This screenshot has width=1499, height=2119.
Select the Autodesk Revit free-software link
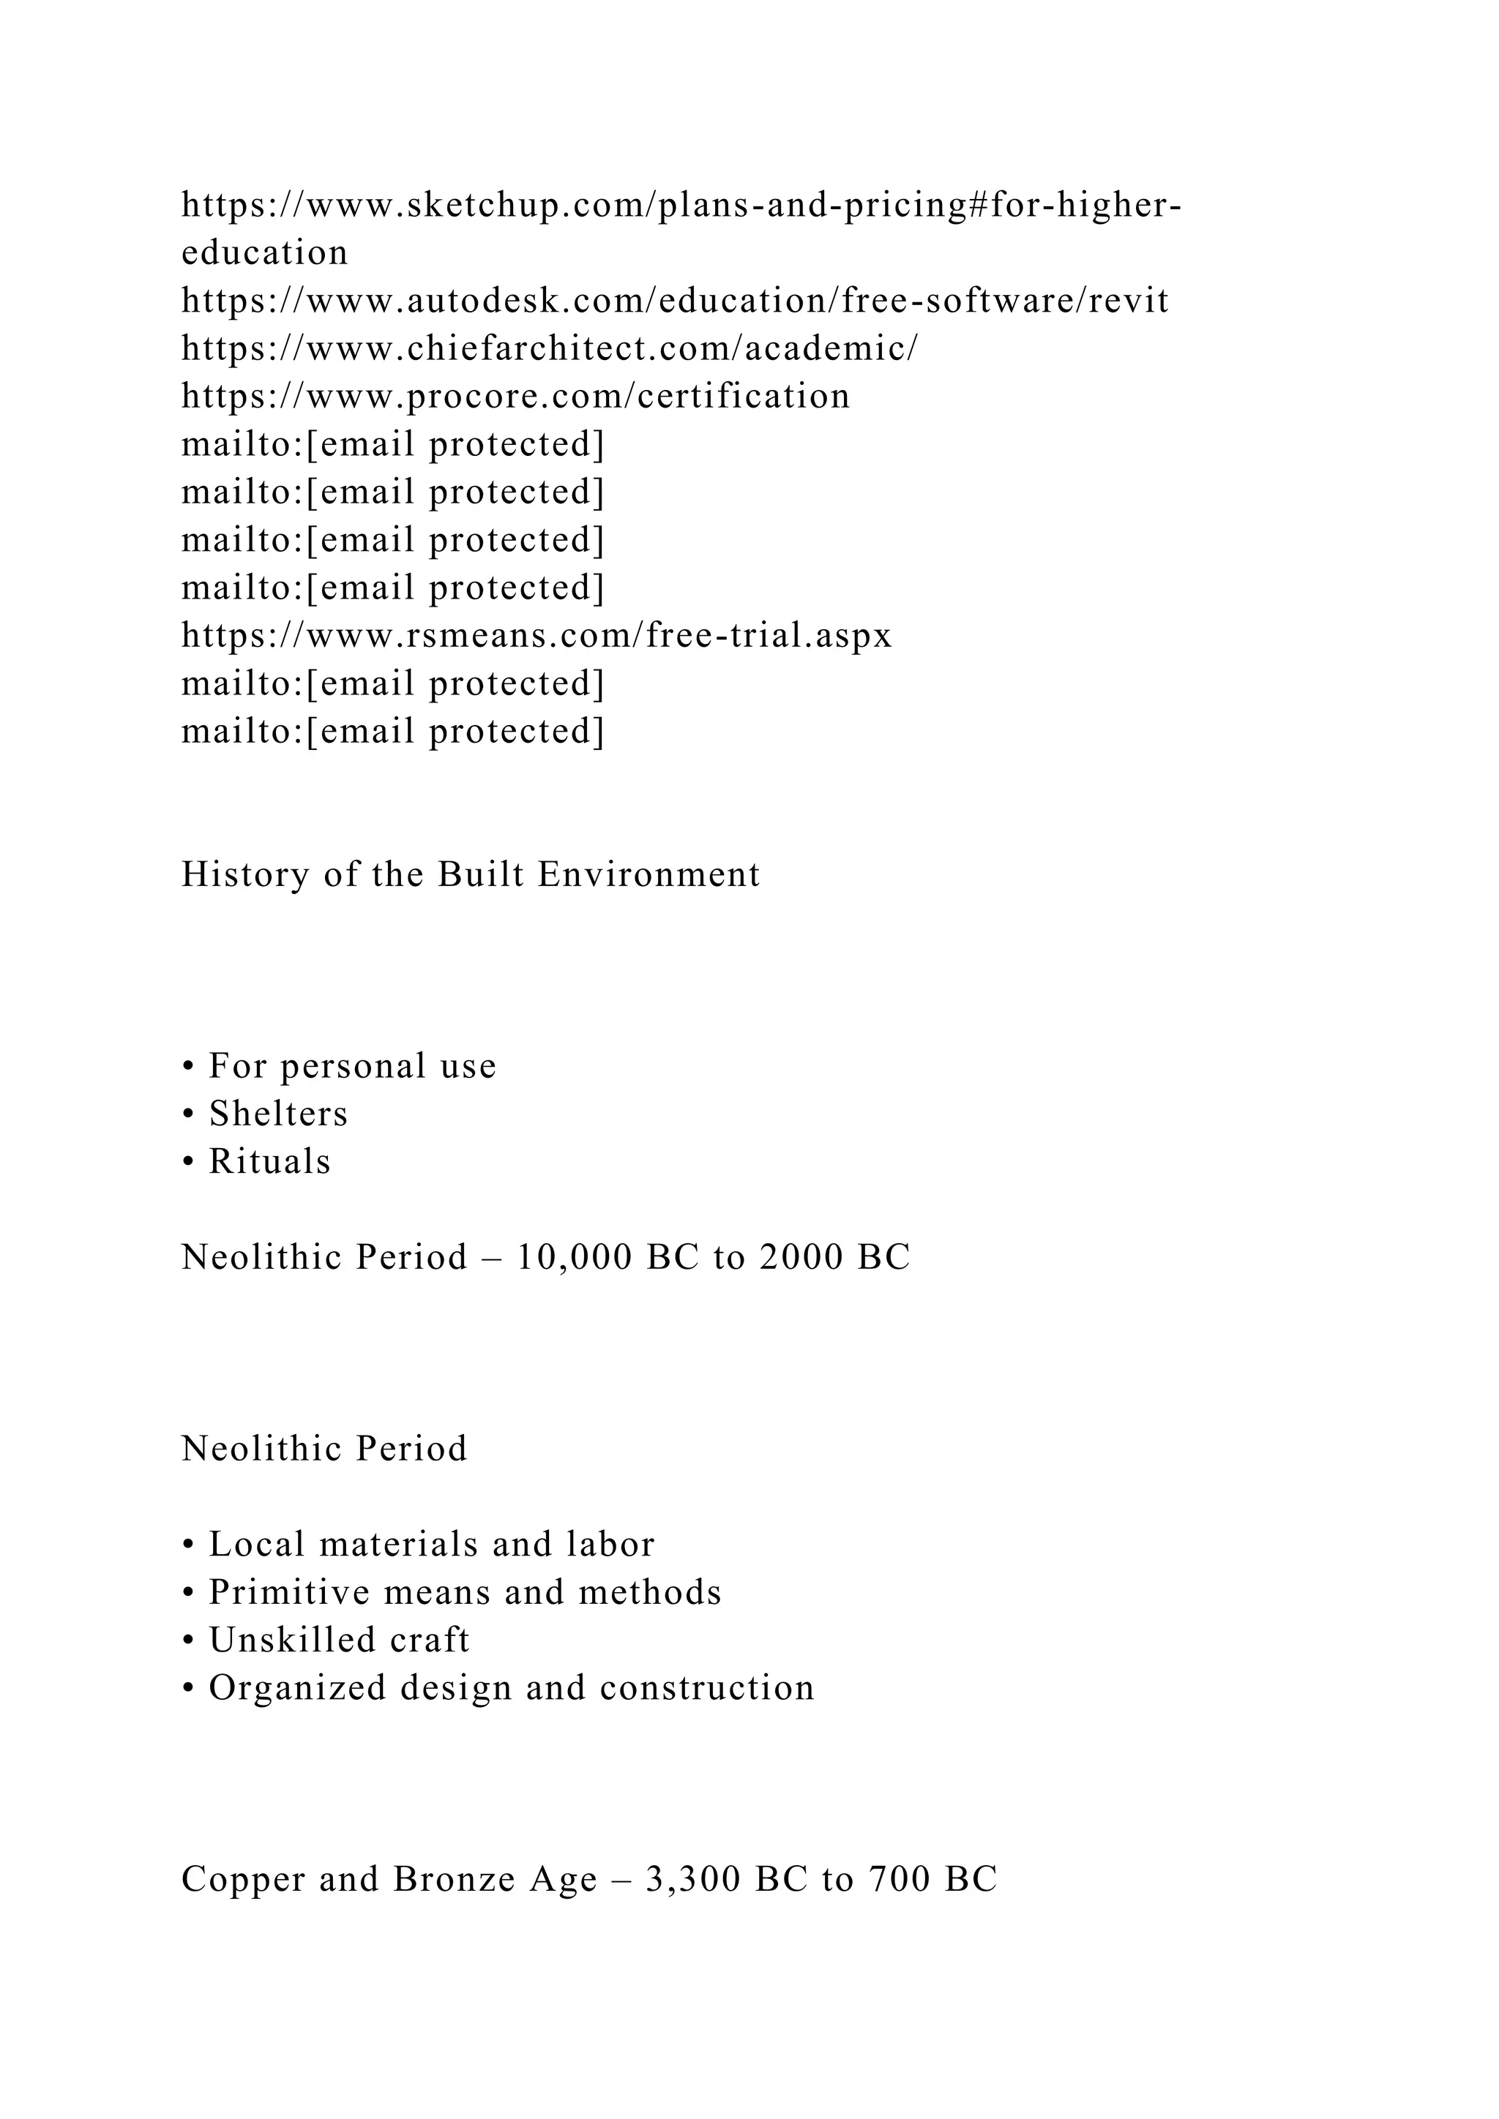click(x=675, y=301)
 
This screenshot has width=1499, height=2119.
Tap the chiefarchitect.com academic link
click(x=549, y=350)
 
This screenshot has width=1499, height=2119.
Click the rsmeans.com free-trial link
click(x=537, y=637)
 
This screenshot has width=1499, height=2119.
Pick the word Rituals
click(x=269, y=1163)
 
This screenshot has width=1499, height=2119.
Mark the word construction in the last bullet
click(x=707, y=1689)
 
